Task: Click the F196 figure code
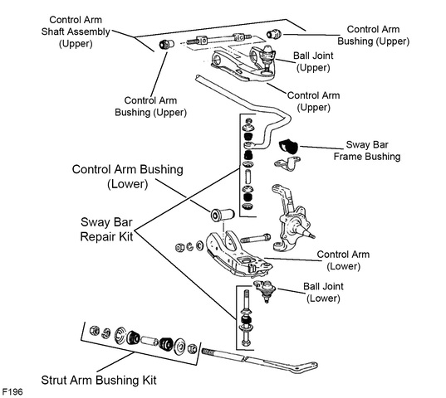(12, 391)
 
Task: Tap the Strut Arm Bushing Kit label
(99, 380)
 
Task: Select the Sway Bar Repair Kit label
(106, 230)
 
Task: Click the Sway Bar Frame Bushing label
(367, 150)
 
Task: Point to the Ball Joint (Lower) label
(323, 292)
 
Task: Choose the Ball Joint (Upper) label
(313, 61)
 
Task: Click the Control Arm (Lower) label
(343, 260)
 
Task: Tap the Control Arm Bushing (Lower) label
(128, 177)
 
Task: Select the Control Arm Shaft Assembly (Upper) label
(76, 32)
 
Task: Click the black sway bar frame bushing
(288, 147)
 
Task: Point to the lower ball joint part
(265, 290)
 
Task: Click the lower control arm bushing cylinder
(223, 214)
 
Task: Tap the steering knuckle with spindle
(292, 218)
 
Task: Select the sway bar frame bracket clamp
(287, 164)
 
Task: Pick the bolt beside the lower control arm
(256, 239)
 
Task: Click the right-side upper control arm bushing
(274, 34)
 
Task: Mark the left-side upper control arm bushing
(166, 44)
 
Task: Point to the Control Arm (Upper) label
(313, 101)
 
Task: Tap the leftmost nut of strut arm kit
(94, 331)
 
